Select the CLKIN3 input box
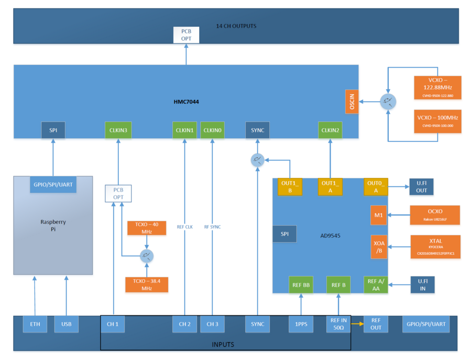(118, 130)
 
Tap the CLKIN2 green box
(330, 130)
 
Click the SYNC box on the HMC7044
(257, 130)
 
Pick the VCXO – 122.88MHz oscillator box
(437, 87)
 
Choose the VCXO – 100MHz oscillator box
(437, 121)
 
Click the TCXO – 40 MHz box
(147, 228)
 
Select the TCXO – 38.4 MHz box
(147, 284)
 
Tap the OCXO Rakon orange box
(435, 215)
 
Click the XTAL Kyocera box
(435, 246)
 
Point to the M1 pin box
(378, 215)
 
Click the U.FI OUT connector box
(422, 186)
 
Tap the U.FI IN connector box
(422, 284)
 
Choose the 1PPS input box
(301, 324)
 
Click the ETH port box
(35, 324)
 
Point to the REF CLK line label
(184, 227)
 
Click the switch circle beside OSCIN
(388, 101)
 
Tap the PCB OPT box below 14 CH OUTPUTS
(186, 35)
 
